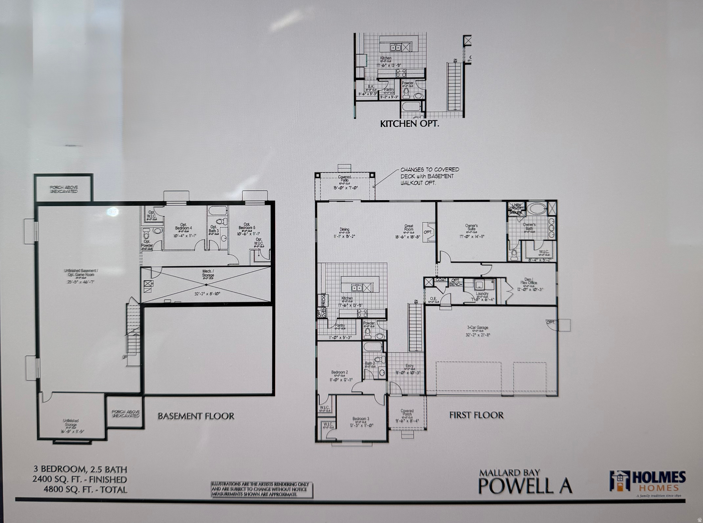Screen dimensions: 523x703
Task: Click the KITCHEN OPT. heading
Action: [409, 124]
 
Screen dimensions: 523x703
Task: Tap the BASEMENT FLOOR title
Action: [196, 416]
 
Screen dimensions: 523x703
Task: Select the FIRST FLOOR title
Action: [476, 415]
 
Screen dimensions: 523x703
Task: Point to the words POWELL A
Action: [525, 486]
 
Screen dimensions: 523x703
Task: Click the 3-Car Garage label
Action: [477, 328]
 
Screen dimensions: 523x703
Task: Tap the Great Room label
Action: [408, 228]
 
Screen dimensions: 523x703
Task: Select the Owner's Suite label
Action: [471, 227]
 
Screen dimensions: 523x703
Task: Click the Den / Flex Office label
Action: [528, 281]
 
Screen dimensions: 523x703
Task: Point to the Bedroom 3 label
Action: [361, 418]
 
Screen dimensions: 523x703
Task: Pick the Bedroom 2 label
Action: [339, 372]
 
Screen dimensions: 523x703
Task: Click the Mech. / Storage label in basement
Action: [208, 273]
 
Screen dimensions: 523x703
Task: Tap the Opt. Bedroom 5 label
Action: [247, 226]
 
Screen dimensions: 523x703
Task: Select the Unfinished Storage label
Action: [71, 423]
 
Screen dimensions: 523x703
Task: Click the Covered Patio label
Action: [345, 179]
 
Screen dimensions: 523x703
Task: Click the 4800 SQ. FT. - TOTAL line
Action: [85, 489]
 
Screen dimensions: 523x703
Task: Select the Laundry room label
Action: [482, 294]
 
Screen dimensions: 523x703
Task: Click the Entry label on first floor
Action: [409, 366]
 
